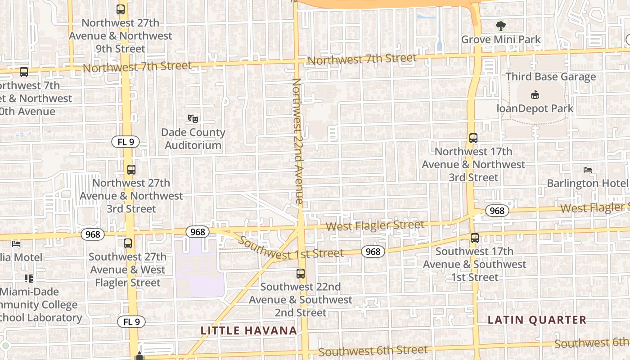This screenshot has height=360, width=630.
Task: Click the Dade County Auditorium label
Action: [x=193, y=139]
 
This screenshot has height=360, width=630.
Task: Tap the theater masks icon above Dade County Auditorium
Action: [x=193, y=119]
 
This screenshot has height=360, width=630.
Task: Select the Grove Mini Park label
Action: [x=501, y=40]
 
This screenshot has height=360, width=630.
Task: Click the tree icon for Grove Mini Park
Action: [x=500, y=26]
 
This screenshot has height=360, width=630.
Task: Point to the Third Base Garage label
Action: [x=551, y=76]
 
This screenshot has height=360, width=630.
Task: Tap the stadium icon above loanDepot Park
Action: [x=535, y=95]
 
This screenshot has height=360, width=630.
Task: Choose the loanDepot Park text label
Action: [x=535, y=108]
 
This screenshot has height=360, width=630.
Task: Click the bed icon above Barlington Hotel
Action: [x=588, y=170]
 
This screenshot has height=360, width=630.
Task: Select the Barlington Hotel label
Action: [x=587, y=183]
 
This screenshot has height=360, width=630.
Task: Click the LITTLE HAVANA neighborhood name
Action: [x=249, y=331]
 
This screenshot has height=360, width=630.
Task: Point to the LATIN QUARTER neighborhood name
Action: [x=537, y=320]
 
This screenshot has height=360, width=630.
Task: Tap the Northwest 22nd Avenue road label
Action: [x=297, y=141]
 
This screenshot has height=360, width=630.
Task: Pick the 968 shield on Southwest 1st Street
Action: [x=373, y=252]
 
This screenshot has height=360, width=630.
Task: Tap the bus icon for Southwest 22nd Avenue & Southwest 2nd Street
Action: [x=301, y=273]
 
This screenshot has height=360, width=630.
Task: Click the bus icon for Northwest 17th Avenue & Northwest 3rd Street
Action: [x=473, y=138]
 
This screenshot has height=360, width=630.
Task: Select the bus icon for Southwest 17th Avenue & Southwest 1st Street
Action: [x=474, y=238]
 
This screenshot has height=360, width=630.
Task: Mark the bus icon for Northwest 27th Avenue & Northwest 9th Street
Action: [x=121, y=9]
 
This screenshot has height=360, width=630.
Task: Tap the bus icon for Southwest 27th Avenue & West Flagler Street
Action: [x=128, y=243]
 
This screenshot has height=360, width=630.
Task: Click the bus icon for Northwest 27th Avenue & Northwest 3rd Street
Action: [x=131, y=170]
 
